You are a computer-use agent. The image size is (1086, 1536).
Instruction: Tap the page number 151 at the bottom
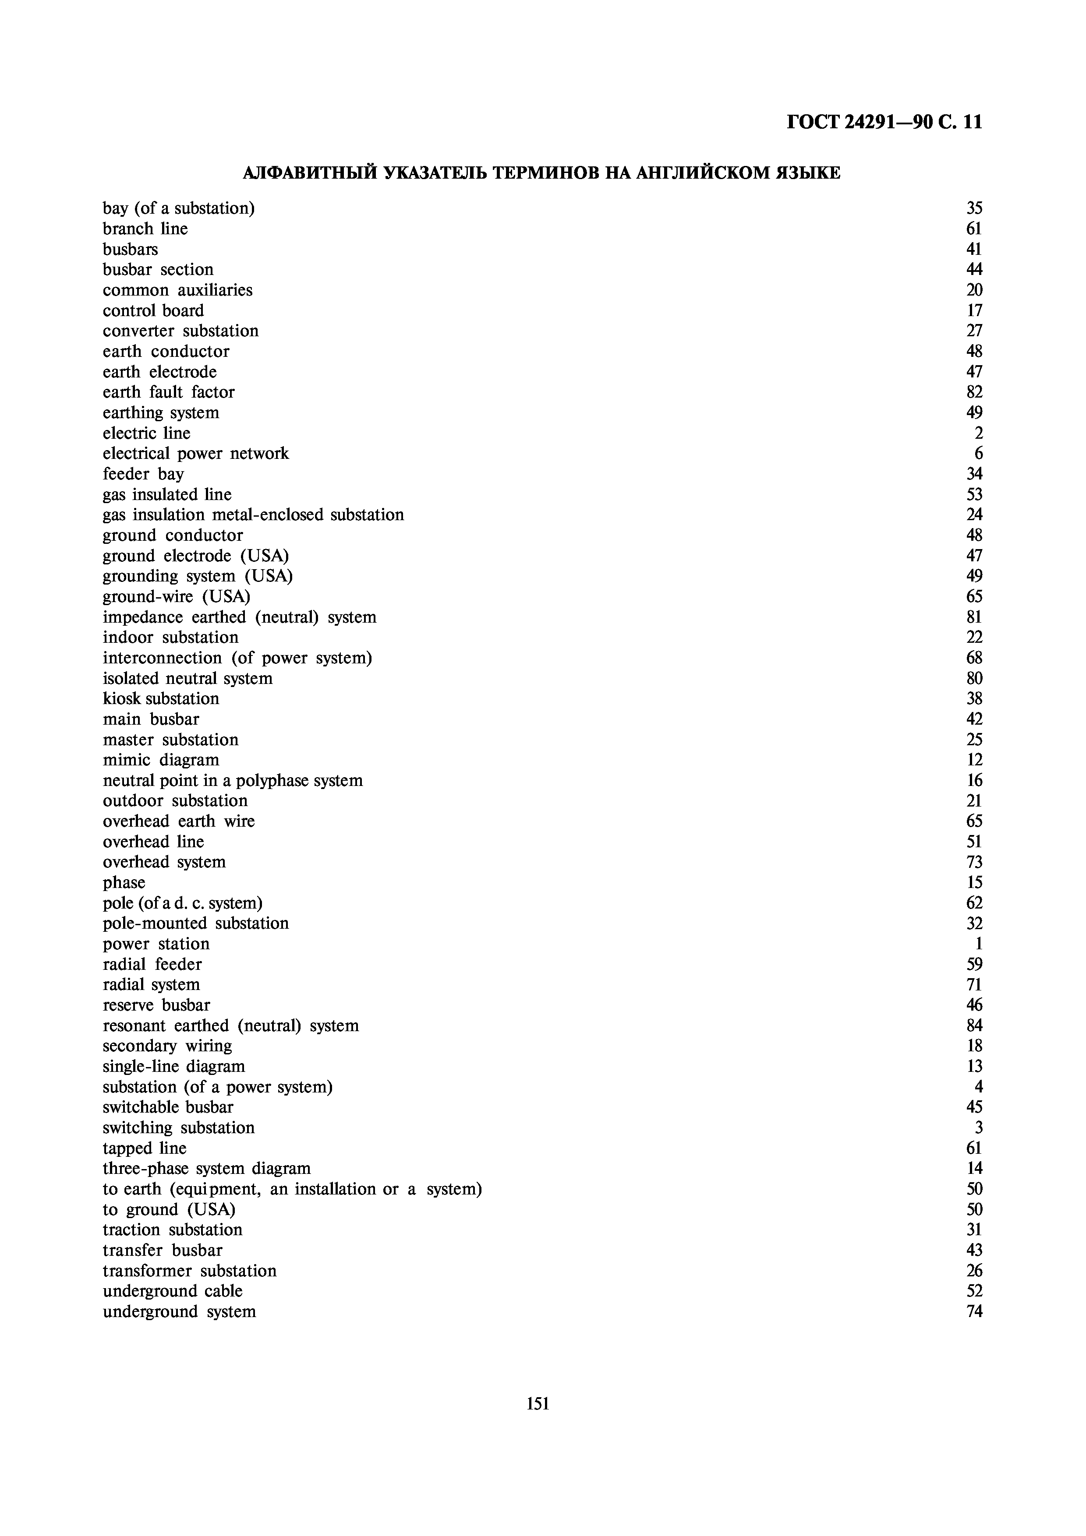(538, 1403)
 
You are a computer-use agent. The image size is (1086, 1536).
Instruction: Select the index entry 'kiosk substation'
(161, 698)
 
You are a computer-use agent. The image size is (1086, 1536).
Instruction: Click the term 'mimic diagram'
(161, 760)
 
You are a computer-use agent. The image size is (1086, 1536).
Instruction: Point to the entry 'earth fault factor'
(169, 392)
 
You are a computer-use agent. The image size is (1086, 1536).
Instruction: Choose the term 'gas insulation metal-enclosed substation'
(253, 514)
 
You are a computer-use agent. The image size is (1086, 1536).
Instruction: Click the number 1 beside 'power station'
(978, 944)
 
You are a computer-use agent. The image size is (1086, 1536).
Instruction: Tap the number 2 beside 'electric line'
(978, 433)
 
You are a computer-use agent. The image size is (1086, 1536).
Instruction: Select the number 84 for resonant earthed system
(974, 1025)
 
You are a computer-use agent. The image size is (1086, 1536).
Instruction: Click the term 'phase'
(124, 882)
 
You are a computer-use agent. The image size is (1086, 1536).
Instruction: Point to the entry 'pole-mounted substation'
(195, 923)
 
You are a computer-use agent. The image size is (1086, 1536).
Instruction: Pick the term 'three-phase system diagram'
(207, 1168)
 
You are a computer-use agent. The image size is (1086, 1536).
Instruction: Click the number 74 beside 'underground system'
(974, 1311)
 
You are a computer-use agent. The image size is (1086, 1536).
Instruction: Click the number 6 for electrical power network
(978, 454)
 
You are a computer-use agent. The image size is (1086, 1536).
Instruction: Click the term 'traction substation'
(172, 1230)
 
